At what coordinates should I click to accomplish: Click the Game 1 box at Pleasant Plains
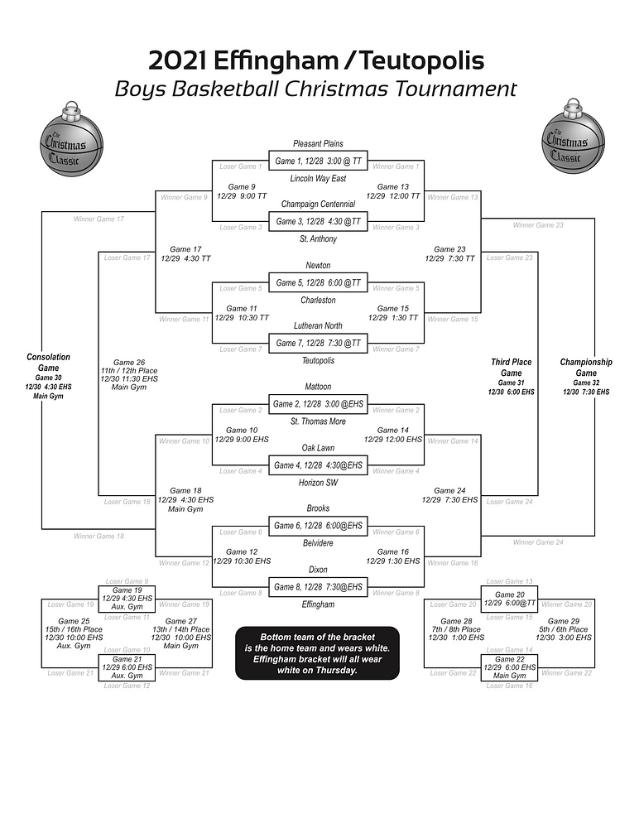[x=318, y=160]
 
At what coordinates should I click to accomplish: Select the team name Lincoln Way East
[x=318, y=178]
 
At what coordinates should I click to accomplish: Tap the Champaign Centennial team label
[x=318, y=204]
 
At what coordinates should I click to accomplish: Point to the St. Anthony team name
[x=318, y=239]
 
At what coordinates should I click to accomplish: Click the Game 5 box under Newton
[x=318, y=282]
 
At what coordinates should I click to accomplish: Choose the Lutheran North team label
[x=318, y=325]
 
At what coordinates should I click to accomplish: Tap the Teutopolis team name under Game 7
[x=318, y=361]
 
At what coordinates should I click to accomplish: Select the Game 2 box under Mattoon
[x=318, y=404]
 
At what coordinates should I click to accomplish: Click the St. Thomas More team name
[x=318, y=422]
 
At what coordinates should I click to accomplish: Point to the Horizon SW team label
[x=318, y=483]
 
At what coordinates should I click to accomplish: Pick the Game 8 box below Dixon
[x=318, y=587]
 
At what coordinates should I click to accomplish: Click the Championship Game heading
[x=585, y=368]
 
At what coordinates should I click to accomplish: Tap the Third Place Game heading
[x=511, y=368]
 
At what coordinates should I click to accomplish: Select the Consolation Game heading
[x=48, y=363]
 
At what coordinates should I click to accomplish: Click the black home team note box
[x=318, y=653]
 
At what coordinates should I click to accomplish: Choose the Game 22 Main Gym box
[x=509, y=667]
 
